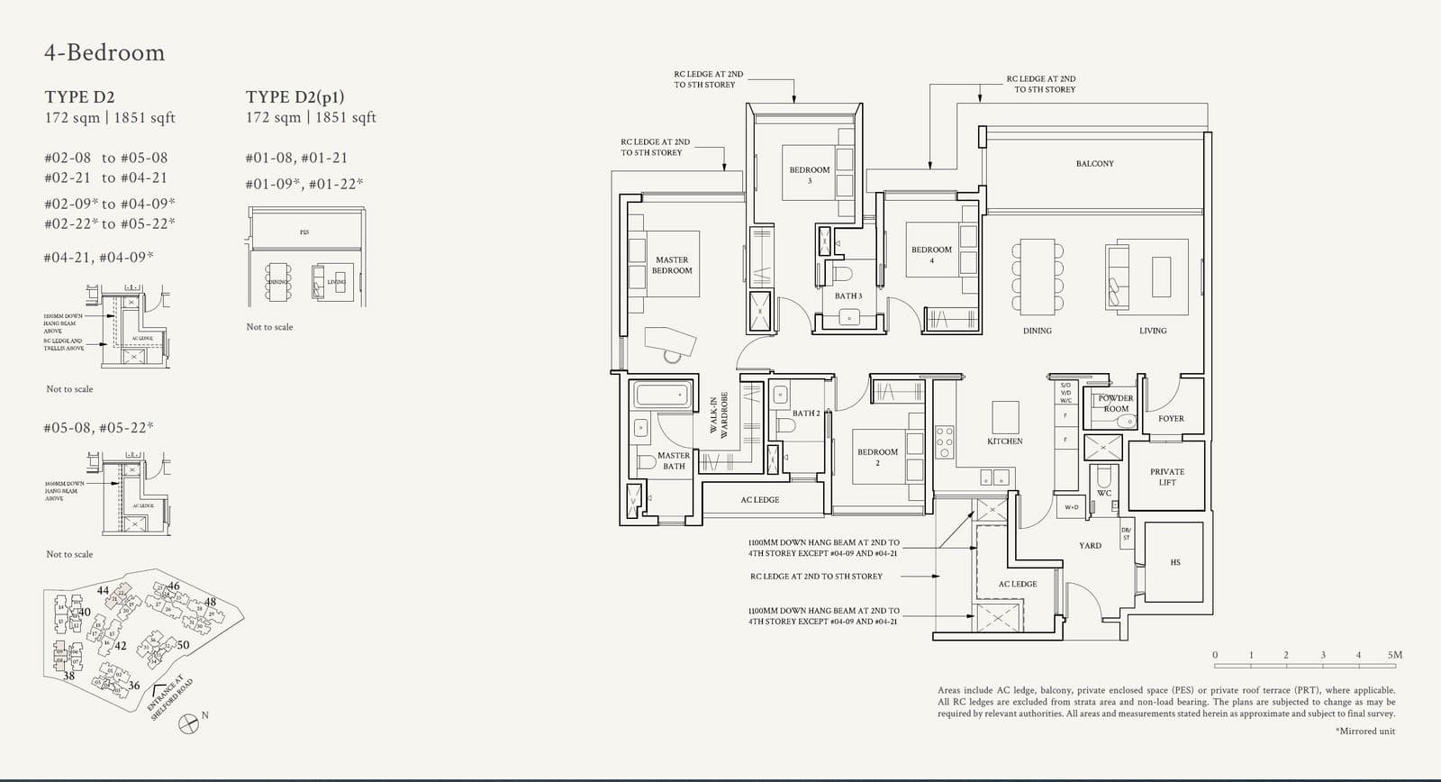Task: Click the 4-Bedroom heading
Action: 104,52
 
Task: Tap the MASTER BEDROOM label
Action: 672,265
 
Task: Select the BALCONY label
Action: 1094,164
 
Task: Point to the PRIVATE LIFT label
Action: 1167,477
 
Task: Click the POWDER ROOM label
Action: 1116,403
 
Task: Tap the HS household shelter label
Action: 1174,562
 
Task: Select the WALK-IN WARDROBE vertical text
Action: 718,417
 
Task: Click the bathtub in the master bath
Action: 662,395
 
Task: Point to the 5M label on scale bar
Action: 1394,655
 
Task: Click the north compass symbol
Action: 189,723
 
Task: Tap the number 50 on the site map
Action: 183,645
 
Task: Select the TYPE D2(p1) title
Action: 295,96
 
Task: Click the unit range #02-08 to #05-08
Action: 105,158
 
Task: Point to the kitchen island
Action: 1005,418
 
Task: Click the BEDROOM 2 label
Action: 877,457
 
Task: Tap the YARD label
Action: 1090,545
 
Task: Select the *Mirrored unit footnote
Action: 1364,731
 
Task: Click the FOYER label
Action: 1171,419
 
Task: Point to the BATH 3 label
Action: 847,296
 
